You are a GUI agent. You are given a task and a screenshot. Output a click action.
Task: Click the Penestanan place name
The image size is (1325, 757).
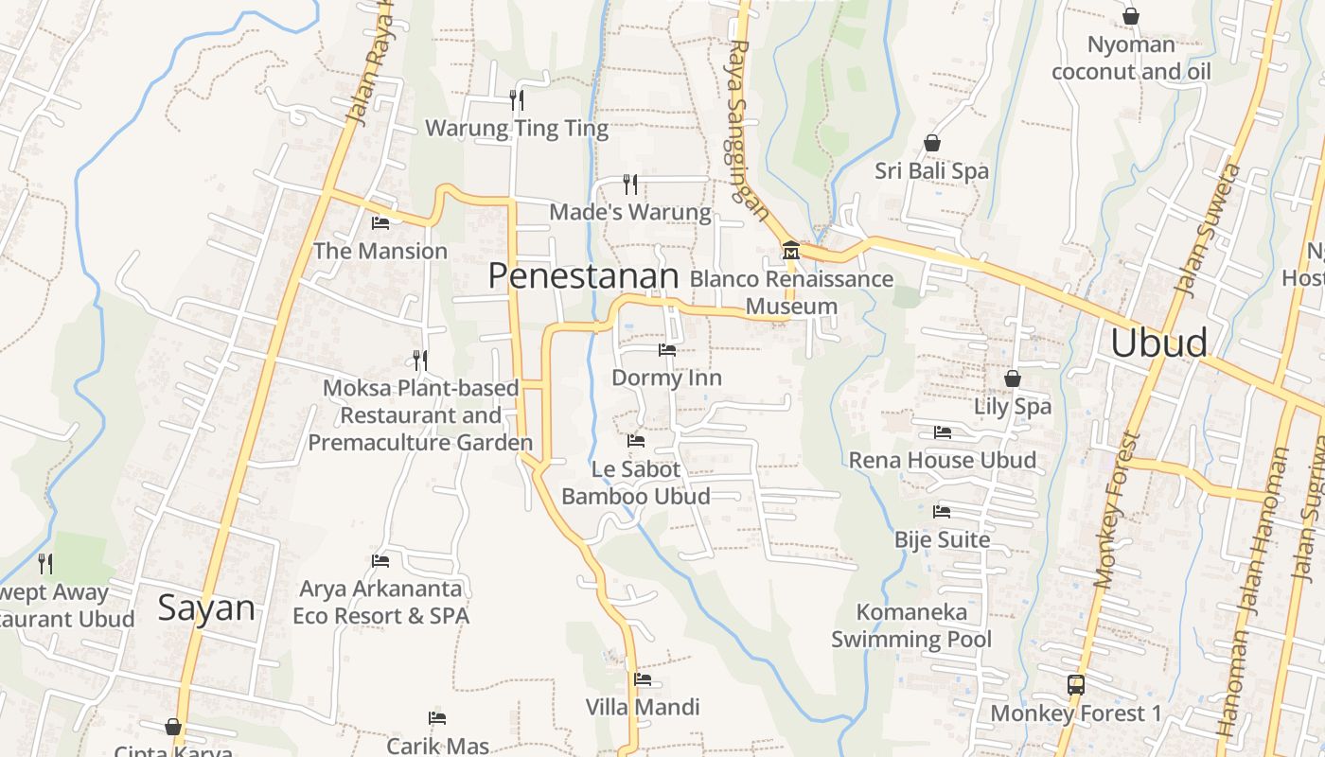pyautogui.click(x=583, y=275)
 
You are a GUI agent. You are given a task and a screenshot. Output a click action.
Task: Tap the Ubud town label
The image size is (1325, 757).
pyautogui.click(x=1158, y=343)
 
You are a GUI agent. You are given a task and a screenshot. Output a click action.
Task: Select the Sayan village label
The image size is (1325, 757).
pyautogui.click(x=206, y=607)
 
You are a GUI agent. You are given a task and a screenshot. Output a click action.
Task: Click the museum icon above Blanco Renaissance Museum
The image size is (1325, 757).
pyautogui.click(x=790, y=251)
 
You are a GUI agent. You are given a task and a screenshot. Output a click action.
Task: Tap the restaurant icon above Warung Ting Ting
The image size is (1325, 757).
pyautogui.click(x=517, y=99)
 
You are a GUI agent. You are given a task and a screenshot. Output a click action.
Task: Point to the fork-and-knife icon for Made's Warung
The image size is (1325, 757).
pyautogui.click(x=630, y=184)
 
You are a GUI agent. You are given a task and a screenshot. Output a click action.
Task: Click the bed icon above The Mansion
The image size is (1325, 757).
pyautogui.click(x=380, y=223)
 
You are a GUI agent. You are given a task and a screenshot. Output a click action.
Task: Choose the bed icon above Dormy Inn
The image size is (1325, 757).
pyautogui.click(x=667, y=350)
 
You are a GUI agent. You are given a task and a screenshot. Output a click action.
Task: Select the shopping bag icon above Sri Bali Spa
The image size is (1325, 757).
pyautogui.click(x=932, y=143)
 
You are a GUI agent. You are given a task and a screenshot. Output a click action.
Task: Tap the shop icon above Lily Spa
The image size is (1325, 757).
pyautogui.click(x=1013, y=378)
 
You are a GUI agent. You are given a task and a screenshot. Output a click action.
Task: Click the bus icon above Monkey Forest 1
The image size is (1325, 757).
pyautogui.click(x=1075, y=684)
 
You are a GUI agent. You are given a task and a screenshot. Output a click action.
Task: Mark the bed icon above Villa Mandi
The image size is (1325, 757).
pyautogui.click(x=643, y=678)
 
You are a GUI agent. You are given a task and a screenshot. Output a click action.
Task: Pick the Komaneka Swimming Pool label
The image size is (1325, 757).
pyautogui.click(x=911, y=625)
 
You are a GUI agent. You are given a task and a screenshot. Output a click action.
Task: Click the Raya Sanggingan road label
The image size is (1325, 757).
pyautogui.click(x=747, y=128)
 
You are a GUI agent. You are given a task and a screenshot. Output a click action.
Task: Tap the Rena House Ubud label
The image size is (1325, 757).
pyautogui.click(x=942, y=460)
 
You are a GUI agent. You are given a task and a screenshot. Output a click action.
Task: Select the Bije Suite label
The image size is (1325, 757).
pyautogui.click(x=942, y=539)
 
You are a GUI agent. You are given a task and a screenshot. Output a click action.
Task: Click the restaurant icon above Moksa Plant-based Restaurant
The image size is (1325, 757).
pyautogui.click(x=420, y=360)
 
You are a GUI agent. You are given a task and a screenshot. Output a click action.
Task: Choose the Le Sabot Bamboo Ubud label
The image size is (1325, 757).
pyautogui.click(x=636, y=483)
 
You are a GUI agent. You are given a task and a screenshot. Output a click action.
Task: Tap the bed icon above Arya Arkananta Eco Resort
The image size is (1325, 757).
pyautogui.click(x=380, y=561)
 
